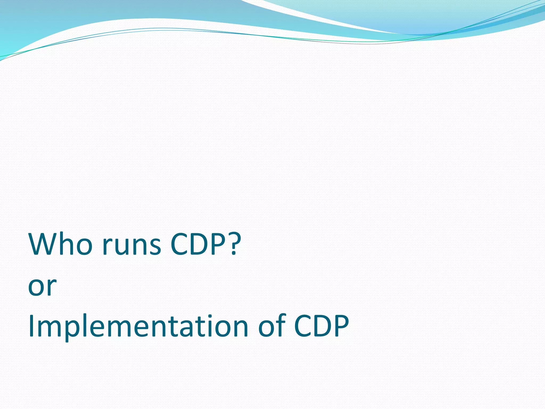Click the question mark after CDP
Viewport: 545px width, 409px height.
point(234,244)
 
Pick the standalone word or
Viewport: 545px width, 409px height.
point(42,287)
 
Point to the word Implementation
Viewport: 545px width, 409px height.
point(138,326)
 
